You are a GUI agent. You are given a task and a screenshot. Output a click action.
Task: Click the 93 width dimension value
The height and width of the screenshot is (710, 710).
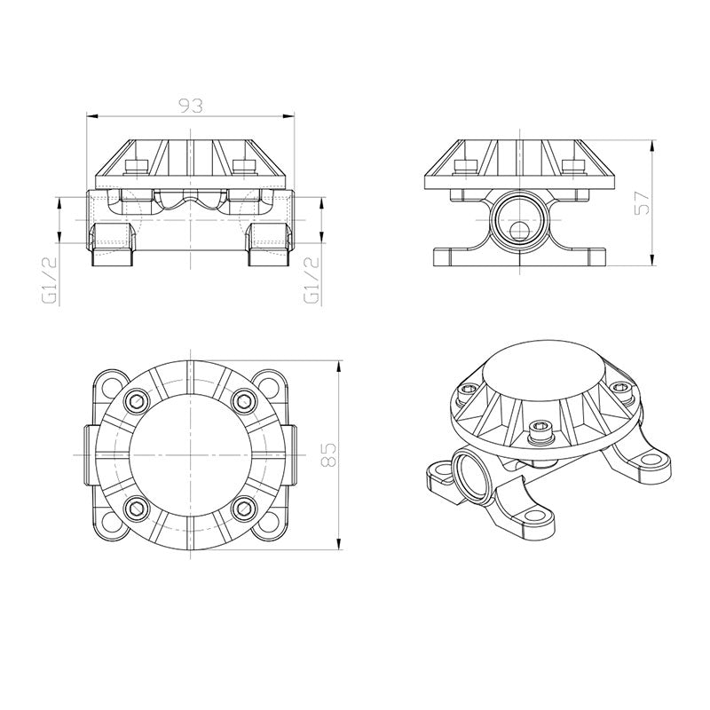pyautogui.click(x=190, y=106)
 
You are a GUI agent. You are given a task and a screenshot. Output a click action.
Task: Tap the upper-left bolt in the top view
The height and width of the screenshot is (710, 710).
pyautogui.click(x=136, y=401)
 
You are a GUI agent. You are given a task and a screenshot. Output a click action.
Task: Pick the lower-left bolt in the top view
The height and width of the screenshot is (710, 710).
pyautogui.click(x=136, y=508)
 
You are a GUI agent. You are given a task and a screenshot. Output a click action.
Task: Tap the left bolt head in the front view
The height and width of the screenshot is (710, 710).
pyautogui.click(x=136, y=166)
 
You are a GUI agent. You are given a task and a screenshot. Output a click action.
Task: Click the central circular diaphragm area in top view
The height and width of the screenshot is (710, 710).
pyautogui.click(x=189, y=454)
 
